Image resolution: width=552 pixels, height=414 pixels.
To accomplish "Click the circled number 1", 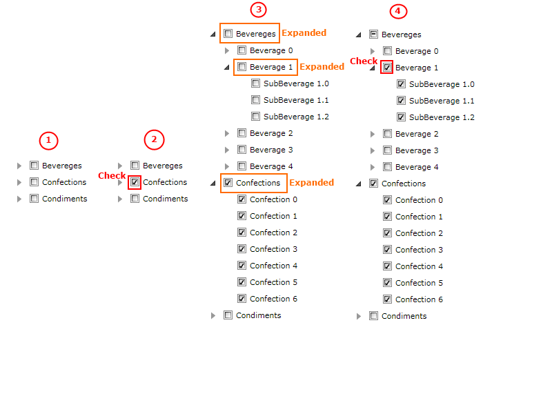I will point(48,141).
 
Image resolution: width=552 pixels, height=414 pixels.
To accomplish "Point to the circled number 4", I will point(398,11).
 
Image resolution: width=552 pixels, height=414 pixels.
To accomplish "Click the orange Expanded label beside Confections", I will point(311,183).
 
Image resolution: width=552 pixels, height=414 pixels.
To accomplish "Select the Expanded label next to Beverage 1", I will point(322,67).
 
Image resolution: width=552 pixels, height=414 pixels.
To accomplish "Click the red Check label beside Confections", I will point(112,176).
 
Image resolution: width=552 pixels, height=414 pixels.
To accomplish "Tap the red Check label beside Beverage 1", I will point(364,61).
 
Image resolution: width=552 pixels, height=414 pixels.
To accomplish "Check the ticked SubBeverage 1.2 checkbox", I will point(401,117).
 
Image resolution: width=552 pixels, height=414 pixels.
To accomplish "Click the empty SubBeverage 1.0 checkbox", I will point(255,83).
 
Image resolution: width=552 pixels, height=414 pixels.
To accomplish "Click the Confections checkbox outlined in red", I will point(135,182).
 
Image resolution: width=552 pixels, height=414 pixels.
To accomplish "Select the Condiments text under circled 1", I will point(64,199).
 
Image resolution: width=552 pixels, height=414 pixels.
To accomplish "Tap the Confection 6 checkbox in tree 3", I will point(241,299).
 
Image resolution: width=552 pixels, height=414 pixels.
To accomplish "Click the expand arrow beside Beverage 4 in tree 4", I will point(373,167).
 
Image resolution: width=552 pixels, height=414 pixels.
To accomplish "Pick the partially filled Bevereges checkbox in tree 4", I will point(373,34).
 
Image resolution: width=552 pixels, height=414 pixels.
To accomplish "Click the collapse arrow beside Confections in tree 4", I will point(359,184).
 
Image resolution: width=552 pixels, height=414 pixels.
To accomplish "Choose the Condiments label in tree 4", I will point(404,316).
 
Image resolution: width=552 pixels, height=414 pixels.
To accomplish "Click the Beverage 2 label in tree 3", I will point(271,133).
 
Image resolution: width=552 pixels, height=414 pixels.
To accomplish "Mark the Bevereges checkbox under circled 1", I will point(34,166).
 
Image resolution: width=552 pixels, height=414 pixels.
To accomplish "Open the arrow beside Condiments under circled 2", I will point(120,199).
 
